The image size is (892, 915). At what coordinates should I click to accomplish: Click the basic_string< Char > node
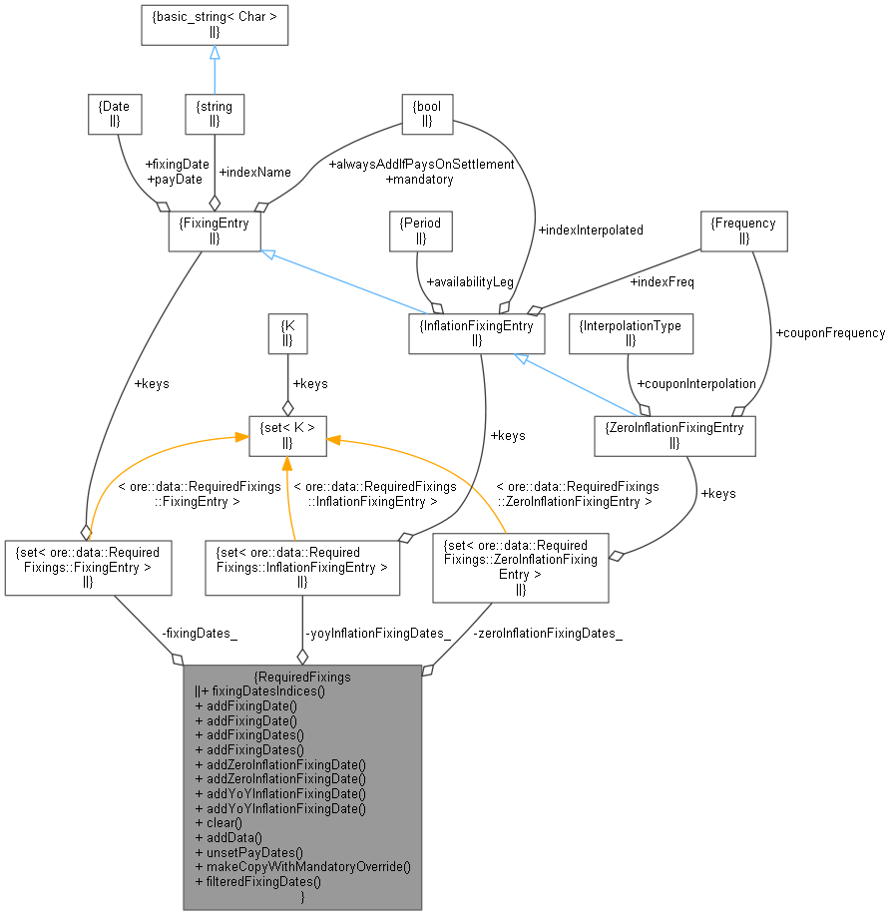215,25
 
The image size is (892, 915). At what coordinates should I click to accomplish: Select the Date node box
115,114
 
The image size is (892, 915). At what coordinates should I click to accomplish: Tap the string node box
215,114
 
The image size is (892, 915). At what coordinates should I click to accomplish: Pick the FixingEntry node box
215,230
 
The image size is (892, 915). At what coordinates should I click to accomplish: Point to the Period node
420,230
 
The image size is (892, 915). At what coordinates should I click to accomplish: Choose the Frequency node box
744,230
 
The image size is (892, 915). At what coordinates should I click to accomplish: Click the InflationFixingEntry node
477,333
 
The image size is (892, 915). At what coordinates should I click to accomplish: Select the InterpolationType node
630,333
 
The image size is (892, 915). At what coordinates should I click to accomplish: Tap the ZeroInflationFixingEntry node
674,436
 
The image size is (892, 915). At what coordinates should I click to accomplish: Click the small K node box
287,333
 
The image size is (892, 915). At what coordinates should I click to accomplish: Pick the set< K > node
287,436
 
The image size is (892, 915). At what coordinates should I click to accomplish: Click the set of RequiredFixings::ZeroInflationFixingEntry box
520,567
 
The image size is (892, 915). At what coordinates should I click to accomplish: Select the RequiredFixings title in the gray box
302,676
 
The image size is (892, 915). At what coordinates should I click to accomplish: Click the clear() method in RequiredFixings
219,823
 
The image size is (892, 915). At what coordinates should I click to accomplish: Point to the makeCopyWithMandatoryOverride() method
303,867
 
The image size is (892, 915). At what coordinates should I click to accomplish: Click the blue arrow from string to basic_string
215,70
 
